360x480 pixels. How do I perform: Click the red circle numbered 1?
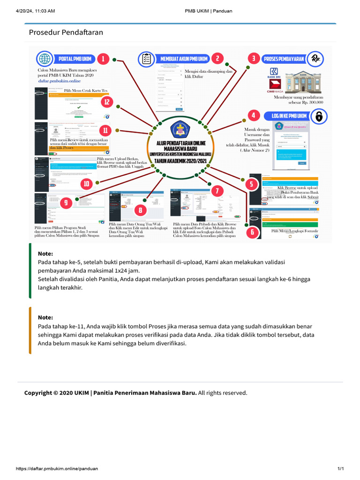[103, 59]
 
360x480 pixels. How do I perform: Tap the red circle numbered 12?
[107, 102]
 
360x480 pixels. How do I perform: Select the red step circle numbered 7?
[217, 191]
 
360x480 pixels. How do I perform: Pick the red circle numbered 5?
[252, 184]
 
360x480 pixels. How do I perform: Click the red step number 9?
[66, 202]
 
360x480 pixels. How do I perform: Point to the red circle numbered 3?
[254, 59]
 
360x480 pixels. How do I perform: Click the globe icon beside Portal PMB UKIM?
[45, 59]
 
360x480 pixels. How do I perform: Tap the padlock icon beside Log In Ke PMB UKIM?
[319, 116]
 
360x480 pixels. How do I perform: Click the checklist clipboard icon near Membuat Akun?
[146, 59]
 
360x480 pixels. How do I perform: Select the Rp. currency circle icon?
[317, 59]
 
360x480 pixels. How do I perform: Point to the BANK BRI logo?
[273, 74]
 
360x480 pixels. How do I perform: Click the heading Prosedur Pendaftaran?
[66, 32]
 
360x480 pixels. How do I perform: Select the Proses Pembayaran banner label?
[284, 59]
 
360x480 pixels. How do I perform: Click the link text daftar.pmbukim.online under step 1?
[60, 81]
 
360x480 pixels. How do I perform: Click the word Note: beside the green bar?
[45, 254]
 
